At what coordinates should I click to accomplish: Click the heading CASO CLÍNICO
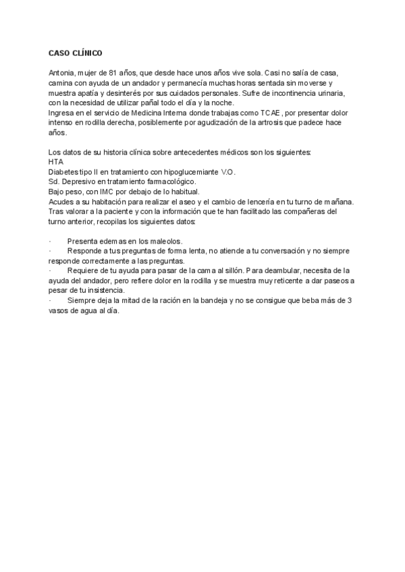pyautogui.click(x=76, y=53)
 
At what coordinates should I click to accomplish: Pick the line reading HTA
pyautogui.click(x=56, y=163)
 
